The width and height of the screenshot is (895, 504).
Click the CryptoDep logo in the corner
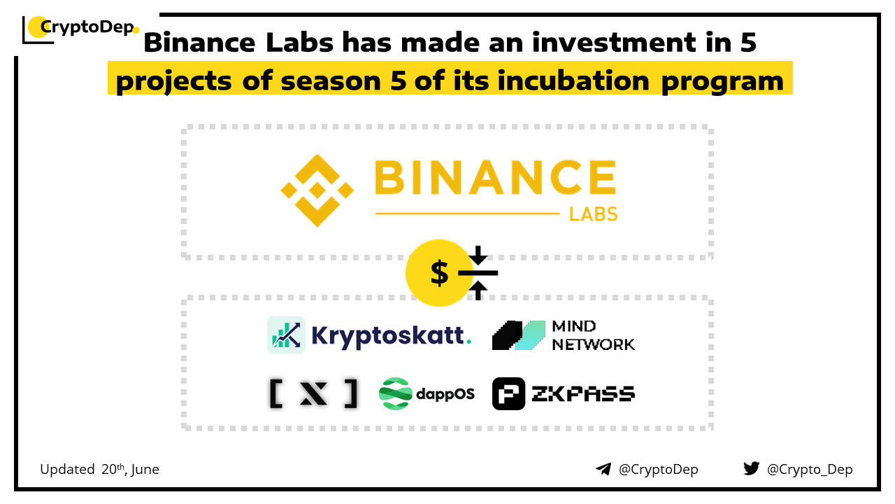coord(80,29)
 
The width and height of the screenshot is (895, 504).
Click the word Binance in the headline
coord(199,43)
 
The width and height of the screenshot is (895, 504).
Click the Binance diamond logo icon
coord(317,191)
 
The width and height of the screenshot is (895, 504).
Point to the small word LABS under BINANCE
coord(594,214)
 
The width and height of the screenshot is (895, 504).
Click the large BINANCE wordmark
coord(496,177)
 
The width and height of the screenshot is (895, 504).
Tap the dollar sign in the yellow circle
coord(439,273)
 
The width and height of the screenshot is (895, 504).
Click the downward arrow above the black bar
coord(478,255)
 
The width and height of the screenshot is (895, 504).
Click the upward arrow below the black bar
coord(478,290)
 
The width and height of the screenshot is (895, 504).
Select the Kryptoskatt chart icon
coord(286,335)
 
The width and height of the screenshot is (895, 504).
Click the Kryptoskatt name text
coord(391,336)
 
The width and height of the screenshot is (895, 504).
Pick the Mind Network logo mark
coord(519,335)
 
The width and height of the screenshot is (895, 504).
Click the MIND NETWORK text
coord(594,335)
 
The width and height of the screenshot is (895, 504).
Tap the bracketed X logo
coord(314,393)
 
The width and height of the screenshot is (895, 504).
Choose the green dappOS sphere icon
coord(395,393)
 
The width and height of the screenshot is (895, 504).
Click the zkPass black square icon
coord(508,393)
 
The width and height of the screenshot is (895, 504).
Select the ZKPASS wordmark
coord(583,394)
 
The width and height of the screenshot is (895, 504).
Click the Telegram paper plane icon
coord(603,469)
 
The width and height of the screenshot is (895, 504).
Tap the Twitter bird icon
coord(752,468)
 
